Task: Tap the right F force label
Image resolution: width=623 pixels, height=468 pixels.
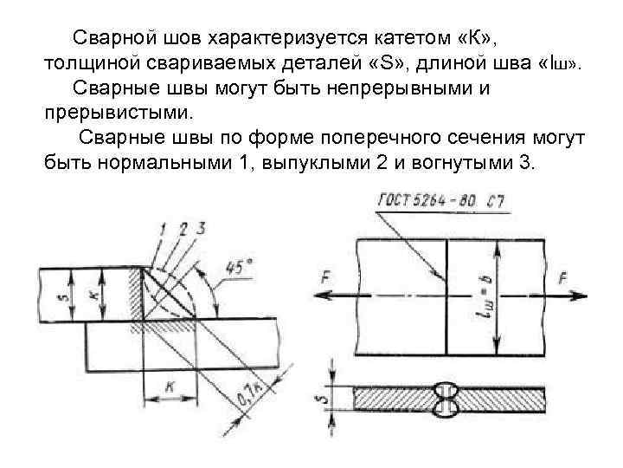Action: tap(563, 279)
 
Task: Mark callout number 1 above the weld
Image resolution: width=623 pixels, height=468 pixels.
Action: tap(162, 229)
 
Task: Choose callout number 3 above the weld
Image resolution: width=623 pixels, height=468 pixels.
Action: tap(201, 228)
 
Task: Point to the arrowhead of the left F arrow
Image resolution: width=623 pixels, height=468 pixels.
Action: tap(323, 295)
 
